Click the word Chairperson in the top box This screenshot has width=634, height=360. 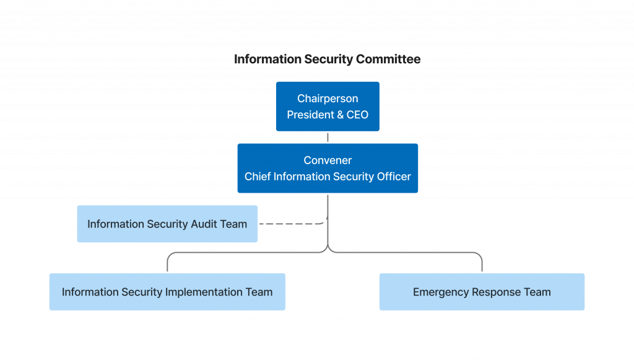[328, 99]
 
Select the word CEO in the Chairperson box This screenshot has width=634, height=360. [357, 115]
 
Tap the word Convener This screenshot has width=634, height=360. [328, 160]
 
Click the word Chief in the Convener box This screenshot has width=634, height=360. [257, 177]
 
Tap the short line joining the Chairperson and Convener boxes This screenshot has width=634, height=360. [328, 137]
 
